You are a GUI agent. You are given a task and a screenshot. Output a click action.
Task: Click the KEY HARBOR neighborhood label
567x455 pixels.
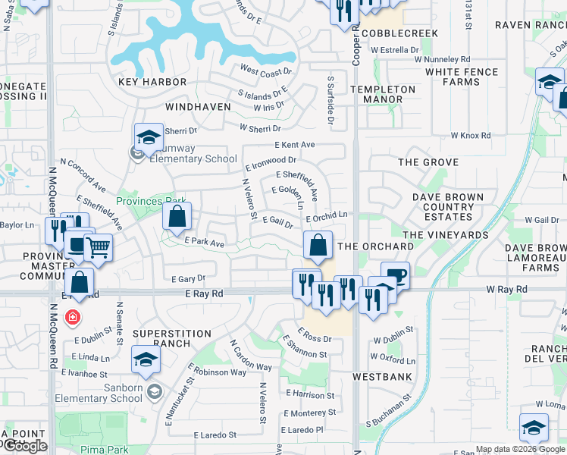(x=152, y=82)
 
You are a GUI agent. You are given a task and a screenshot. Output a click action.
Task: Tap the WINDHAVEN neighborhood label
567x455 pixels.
(x=198, y=107)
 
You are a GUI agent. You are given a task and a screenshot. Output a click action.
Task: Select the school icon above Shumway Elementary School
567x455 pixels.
(x=149, y=136)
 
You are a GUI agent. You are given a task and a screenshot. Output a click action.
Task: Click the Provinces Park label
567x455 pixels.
(x=151, y=201)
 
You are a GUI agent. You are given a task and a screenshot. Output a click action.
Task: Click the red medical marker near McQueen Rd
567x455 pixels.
(x=72, y=316)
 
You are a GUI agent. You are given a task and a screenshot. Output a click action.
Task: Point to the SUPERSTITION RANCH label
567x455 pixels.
(x=171, y=338)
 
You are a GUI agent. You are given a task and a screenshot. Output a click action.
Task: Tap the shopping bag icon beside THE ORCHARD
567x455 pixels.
(x=318, y=245)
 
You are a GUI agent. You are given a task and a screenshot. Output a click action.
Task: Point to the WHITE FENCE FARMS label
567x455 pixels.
(x=462, y=77)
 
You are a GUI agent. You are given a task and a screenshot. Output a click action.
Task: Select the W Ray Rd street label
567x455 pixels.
(x=506, y=290)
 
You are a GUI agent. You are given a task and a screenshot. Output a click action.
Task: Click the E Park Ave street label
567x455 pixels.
(x=205, y=243)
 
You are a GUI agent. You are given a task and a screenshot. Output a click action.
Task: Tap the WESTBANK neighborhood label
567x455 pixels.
(x=382, y=376)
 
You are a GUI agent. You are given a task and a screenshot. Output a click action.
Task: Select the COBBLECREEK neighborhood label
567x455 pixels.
(x=400, y=34)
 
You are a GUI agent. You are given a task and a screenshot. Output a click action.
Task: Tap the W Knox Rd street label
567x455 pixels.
(x=470, y=136)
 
